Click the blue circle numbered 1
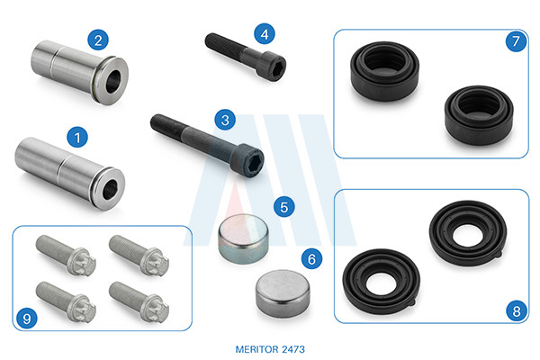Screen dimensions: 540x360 pos(77,137)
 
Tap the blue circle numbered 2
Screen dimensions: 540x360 pos(98,40)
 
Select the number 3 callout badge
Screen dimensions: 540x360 pos(225,120)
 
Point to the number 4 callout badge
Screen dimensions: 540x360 pos(265,34)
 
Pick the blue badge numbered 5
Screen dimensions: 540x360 pos(284,207)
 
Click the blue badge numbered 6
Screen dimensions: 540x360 pos(311,258)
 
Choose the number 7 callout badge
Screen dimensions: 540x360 pos(516,41)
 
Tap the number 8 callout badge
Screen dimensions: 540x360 pos(517,311)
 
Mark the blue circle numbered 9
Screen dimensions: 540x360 pos(27,319)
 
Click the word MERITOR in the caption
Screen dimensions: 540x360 pos(256,349)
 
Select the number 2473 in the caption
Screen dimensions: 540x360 pos(293,349)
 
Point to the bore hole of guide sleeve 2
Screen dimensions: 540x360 pos(113,82)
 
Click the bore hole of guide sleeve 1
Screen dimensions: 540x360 pos(110,190)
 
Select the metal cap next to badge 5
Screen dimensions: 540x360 pos(243,238)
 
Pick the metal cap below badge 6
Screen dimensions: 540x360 pos(283,293)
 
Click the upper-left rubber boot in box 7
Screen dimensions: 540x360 pos(384,71)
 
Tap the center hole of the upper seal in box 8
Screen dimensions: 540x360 pos(468,236)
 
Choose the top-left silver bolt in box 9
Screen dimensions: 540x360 pos(66,255)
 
